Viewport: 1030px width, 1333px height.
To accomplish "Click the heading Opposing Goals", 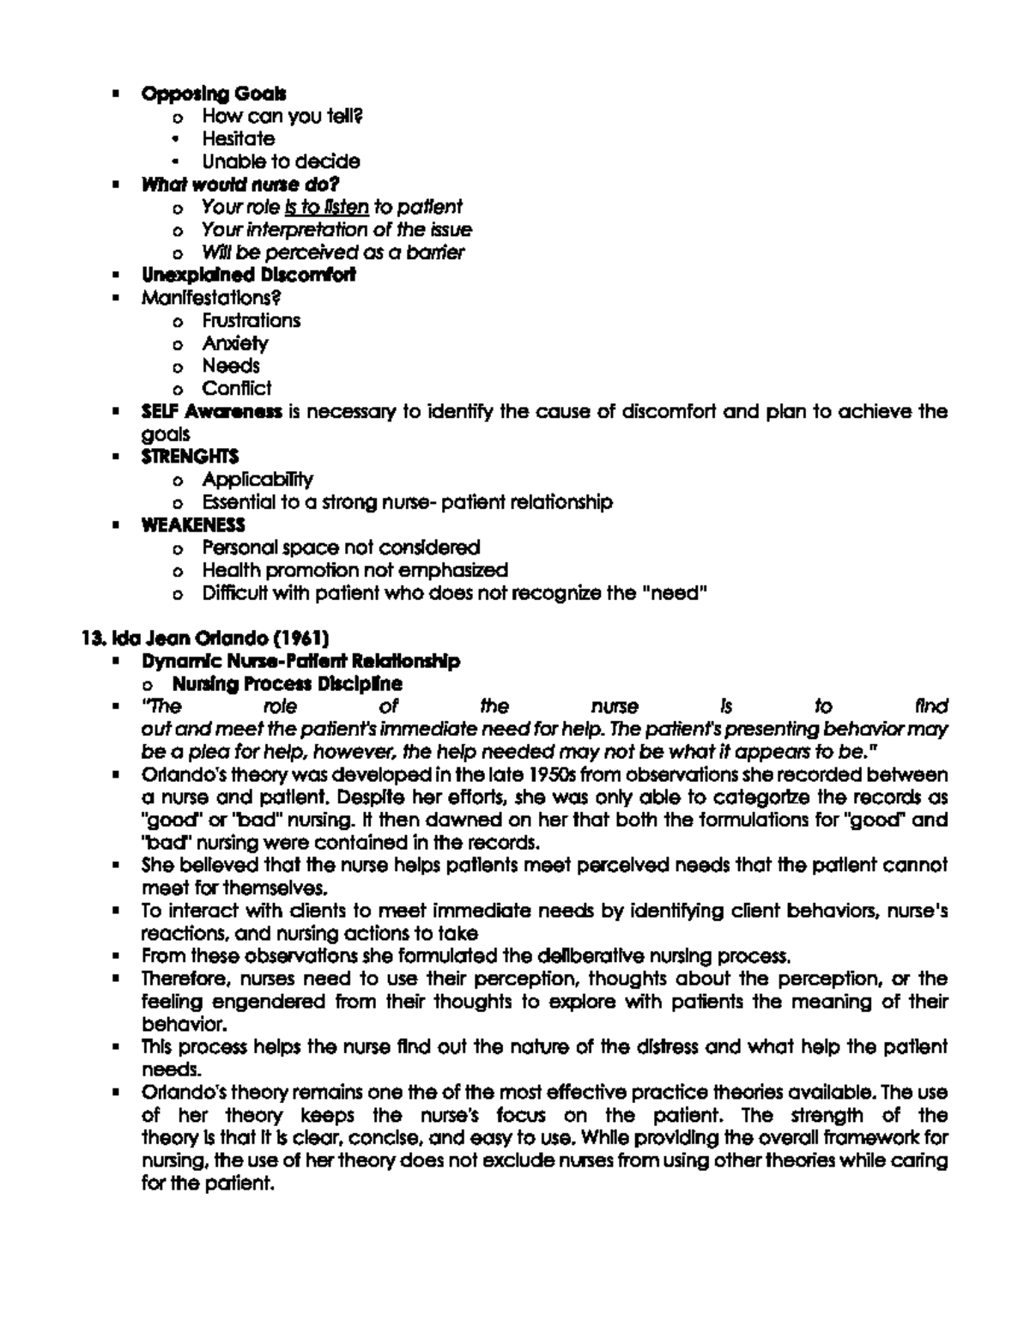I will coord(214,93).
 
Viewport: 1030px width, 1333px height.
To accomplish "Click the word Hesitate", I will coord(239,138).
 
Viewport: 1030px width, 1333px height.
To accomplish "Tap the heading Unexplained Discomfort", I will coord(248,275).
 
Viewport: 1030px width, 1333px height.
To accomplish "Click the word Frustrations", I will coord(251,320).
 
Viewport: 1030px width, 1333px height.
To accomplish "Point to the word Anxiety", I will coord(235,343).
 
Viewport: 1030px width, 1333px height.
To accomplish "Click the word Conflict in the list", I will coord(236,388).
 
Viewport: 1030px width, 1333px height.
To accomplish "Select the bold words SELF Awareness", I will coord(211,411).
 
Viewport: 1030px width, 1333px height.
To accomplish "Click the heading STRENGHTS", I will coord(190,456).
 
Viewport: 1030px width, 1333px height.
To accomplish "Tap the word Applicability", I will coord(257,479).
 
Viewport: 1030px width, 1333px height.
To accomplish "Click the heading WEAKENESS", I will coord(193,524).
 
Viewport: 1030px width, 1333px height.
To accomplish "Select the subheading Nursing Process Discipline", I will coord(287,684).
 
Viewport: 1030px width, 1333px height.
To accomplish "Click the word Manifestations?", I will coord(211,298).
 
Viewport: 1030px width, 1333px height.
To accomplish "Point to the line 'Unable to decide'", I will coord(281,161).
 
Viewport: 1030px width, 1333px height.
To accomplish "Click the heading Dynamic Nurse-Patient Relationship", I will coord(300,661).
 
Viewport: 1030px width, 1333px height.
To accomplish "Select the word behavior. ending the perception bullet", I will coord(173,1024).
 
